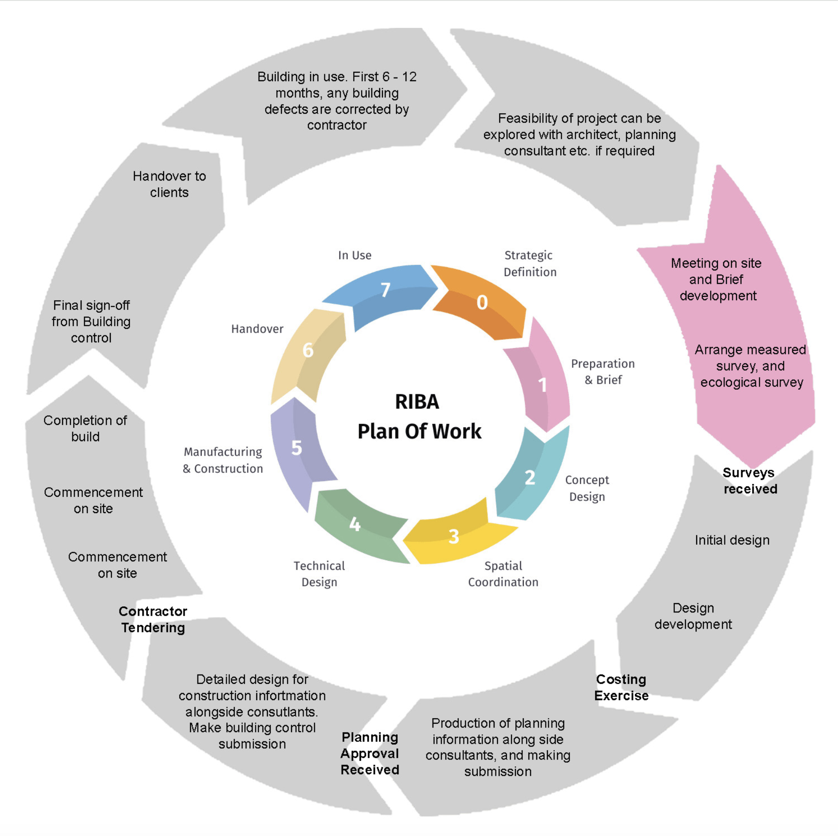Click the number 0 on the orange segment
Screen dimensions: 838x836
click(482, 302)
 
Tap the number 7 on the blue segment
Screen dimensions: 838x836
click(385, 290)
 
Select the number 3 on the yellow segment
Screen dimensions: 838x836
click(454, 537)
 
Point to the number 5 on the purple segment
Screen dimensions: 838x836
click(297, 448)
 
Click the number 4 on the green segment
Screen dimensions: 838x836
click(355, 524)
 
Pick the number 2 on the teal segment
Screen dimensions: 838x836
click(530, 477)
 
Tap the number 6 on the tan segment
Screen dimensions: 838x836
click(308, 350)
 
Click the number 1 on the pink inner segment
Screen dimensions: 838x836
click(542, 385)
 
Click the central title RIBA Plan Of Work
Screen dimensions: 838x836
click(419, 417)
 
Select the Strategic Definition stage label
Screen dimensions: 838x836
click(530, 264)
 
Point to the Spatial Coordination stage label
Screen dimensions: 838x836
click(503, 574)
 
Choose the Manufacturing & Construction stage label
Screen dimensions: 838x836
click(223, 460)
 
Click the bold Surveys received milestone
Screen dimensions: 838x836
click(750, 481)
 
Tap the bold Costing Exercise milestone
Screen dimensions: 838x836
click(621, 688)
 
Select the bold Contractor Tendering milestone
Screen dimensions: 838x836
click(153, 619)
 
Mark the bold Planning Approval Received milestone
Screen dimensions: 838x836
click(370, 753)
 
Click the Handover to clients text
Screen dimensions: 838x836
click(169, 184)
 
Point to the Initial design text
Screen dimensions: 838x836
click(732, 540)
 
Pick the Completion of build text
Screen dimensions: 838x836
click(85, 428)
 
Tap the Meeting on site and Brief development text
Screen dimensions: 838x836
click(717, 279)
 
